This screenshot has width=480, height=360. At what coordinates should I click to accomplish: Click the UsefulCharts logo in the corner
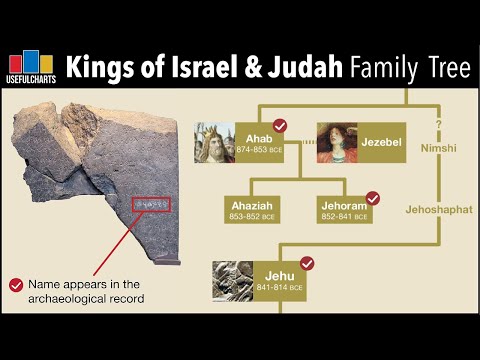[x=31, y=67]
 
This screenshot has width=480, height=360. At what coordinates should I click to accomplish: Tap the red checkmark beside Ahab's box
[x=281, y=126]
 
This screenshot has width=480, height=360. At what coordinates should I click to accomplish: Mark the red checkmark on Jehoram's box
[x=373, y=197]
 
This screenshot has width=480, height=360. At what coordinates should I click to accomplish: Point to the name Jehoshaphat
[x=438, y=210]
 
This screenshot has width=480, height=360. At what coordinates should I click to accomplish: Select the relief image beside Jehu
[x=231, y=281]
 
